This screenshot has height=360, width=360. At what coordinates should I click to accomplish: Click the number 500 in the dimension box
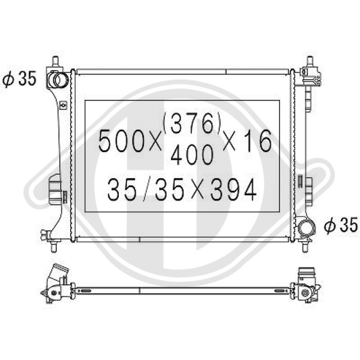(121, 140)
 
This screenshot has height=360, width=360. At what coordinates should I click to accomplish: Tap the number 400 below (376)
(192, 155)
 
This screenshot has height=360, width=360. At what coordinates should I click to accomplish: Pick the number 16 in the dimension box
(257, 140)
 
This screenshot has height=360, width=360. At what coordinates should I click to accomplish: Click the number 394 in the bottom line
(233, 190)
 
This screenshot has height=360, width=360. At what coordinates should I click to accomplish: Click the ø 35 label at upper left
(20, 79)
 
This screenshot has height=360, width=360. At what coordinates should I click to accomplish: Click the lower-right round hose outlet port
(307, 228)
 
